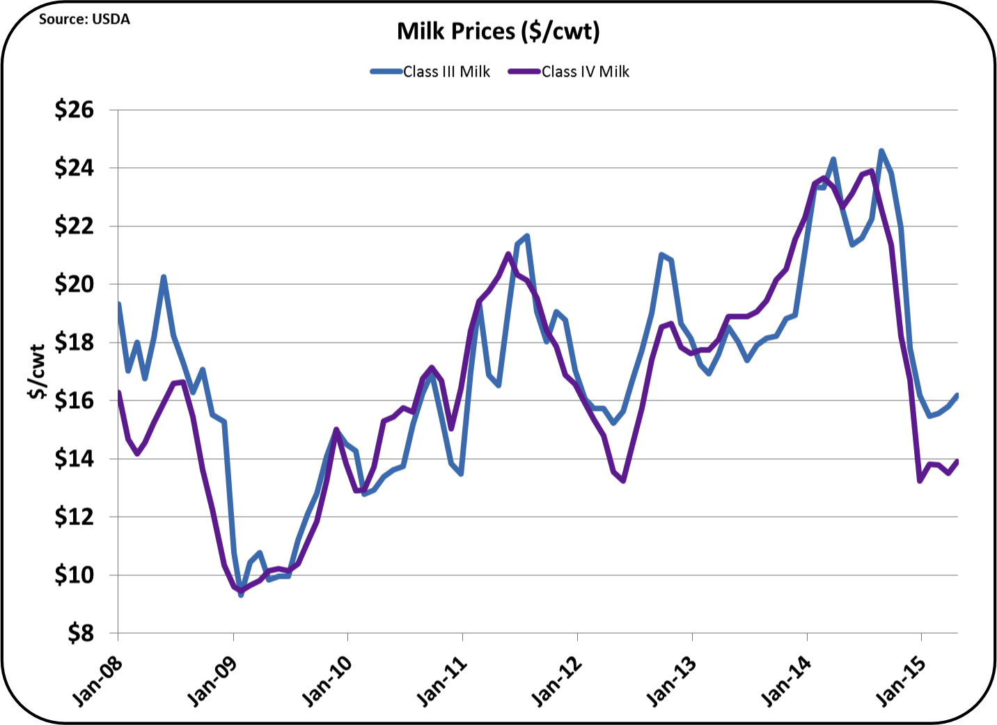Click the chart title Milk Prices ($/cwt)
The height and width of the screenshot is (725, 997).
tap(498, 31)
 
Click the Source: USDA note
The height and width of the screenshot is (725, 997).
tap(84, 20)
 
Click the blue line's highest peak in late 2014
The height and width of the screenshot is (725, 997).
tap(881, 150)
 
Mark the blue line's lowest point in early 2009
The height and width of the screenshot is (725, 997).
tap(241, 594)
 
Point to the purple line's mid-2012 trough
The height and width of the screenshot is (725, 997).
tap(623, 481)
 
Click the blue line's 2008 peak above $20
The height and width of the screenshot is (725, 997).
tap(164, 277)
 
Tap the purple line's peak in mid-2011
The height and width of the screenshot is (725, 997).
tap(508, 254)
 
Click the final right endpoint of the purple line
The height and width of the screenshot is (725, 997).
tap(957, 460)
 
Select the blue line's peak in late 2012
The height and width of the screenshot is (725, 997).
tap(661, 255)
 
